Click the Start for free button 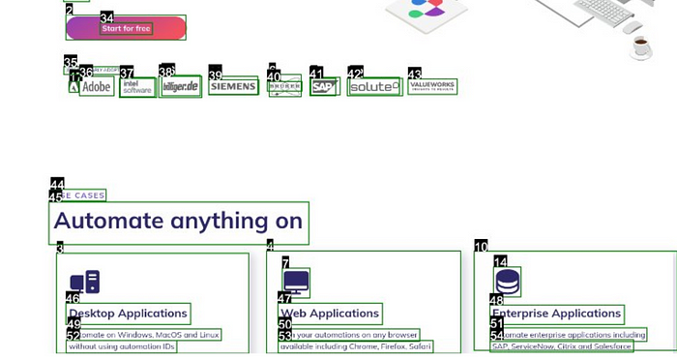(x=127, y=28)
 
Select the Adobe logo (x=97, y=87)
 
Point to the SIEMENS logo (x=233, y=87)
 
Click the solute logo (x=373, y=87)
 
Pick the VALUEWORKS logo (x=431, y=86)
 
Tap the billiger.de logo (x=181, y=87)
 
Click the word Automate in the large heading (x=108, y=222)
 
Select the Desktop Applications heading (x=128, y=314)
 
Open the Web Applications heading (x=330, y=314)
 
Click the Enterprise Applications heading (x=557, y=314)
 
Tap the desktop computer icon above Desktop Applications (x=85, y=283)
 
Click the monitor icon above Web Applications (x=296, y=283)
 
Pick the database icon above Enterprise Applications (x=508, y=283)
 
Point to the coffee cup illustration (x=640, y=45)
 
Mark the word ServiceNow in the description (x=533, y=346)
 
